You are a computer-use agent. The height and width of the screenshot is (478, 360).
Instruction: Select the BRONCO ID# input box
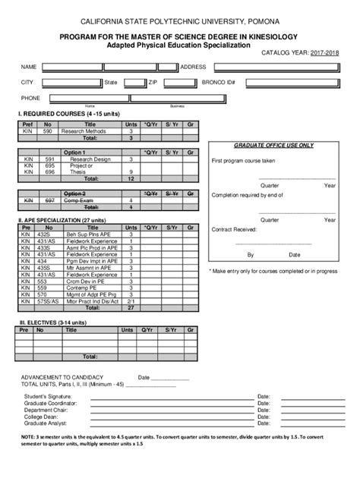click(286, 82)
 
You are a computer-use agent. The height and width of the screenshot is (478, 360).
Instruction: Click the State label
click(111, 82)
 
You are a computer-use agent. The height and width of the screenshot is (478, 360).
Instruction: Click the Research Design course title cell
click(90, 159)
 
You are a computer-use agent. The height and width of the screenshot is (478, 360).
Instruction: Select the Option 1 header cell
click(74, 153)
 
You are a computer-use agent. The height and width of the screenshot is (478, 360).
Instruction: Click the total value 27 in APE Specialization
click(131, 309)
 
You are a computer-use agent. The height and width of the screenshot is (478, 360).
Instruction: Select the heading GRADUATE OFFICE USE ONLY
click(273, 145)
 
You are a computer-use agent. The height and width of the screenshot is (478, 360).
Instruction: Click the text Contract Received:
click(234, 228)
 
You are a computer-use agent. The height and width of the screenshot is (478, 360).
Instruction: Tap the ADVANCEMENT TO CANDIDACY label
click(62, 377)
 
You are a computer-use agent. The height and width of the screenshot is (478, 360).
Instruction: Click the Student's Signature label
click(48, 397)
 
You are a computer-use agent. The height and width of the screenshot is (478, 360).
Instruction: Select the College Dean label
click(41, 417)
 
